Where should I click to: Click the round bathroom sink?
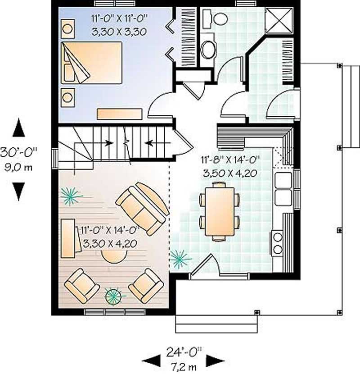(208, 49)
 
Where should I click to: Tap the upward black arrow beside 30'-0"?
(18, 128)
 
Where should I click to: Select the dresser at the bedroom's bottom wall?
(119, 114)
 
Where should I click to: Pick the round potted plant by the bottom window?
(113, 296)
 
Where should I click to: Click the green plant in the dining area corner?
(180, 259)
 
